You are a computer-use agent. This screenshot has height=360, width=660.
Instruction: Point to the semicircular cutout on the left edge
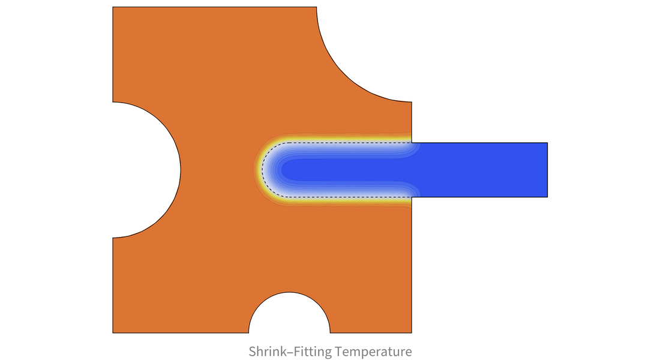(x=146, y=170)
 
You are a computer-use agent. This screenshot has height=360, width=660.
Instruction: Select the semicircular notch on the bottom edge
(x=289, y=313)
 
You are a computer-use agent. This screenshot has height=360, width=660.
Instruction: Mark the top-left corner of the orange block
(x=113, y=7)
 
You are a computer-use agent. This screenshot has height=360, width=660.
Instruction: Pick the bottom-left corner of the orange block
(x=113, y=333)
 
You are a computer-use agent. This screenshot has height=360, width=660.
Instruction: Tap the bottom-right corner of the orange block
(x=412, y=333)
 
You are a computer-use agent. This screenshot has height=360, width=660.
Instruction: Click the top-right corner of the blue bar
(x=548, y=143)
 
